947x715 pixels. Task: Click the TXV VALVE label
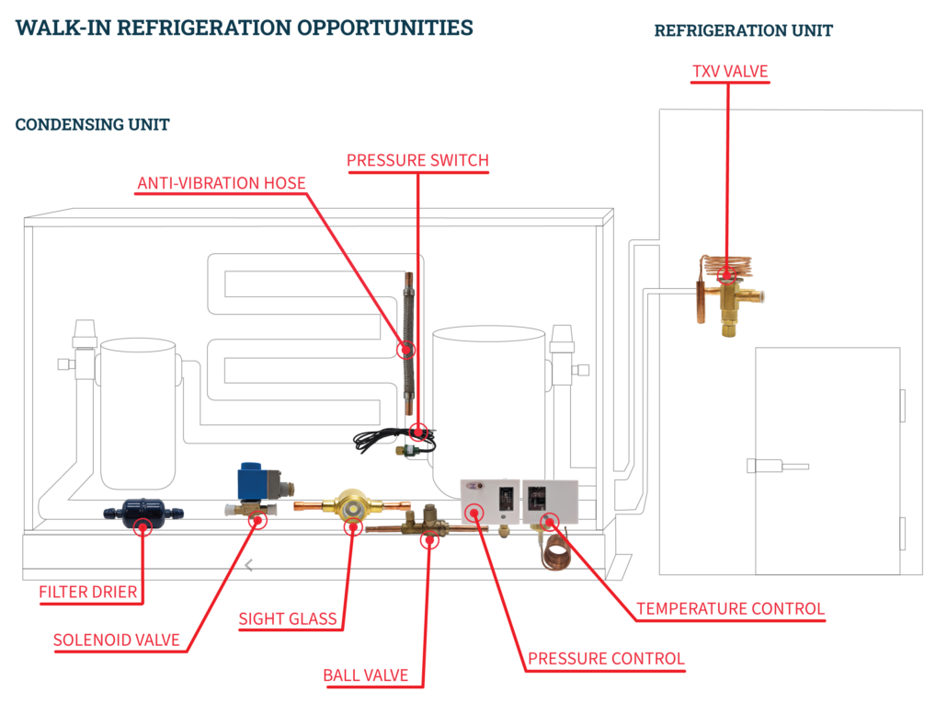730,72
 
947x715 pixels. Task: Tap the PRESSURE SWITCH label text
418,160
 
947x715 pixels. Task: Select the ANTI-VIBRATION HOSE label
222,183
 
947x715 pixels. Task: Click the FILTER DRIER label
88,592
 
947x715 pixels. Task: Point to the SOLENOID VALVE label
117,640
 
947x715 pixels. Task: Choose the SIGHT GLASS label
288,619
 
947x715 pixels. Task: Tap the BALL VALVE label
366,675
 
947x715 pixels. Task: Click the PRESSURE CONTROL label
607,658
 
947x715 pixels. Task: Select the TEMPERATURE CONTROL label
731,608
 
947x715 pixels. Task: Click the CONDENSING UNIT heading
93,124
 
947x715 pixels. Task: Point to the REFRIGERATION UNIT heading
744,30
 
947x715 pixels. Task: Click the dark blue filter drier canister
143,513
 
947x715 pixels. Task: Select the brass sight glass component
351,506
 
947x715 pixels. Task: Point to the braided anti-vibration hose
409,343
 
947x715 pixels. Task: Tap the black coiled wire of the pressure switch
393,441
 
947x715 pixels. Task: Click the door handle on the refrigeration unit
777,466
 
